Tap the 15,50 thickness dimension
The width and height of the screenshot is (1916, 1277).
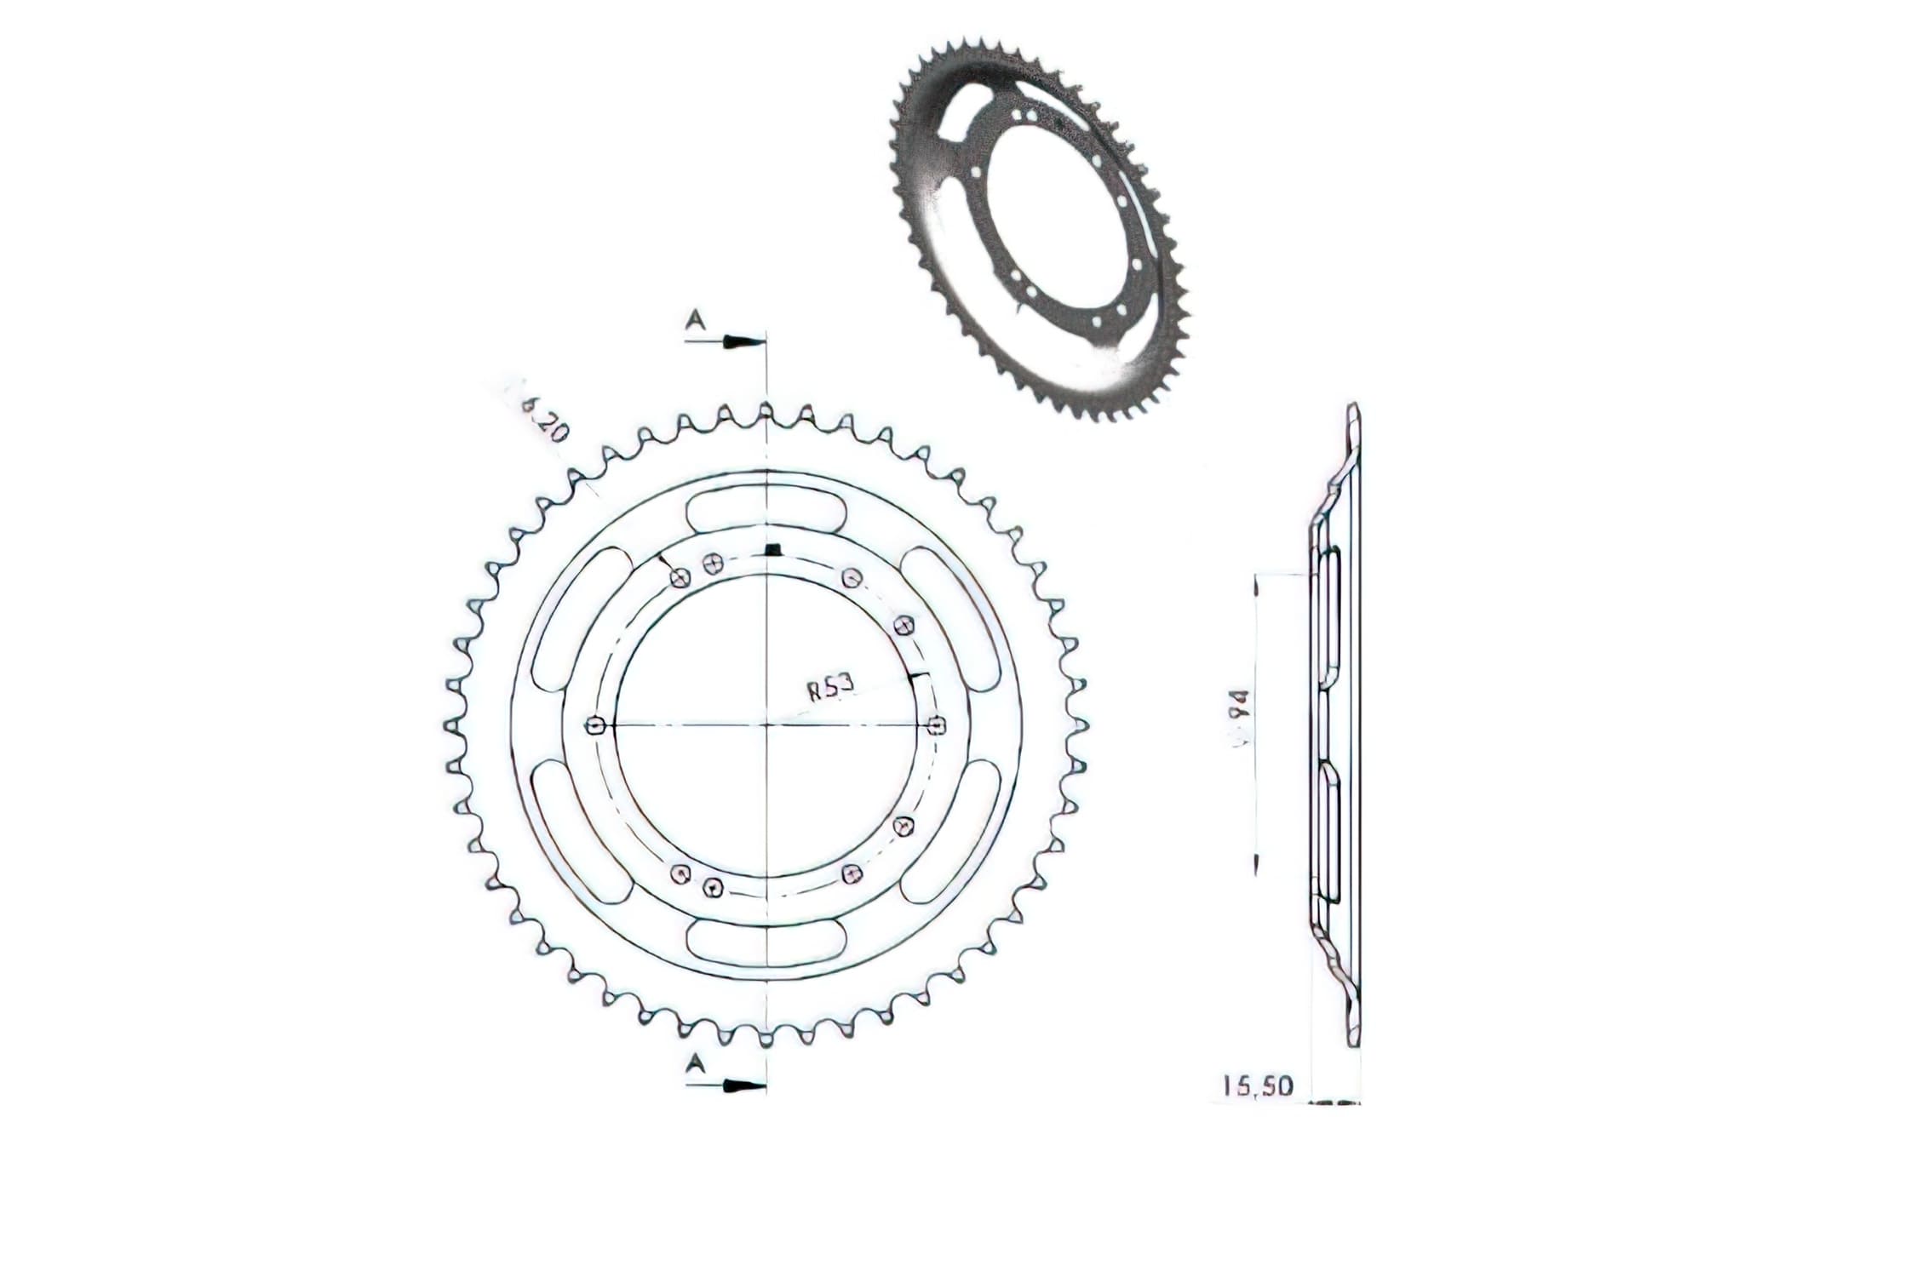click(1258, 1085)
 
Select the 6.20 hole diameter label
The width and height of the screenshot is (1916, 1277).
click(543, 420)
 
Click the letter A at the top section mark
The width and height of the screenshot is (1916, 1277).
click(697, 319)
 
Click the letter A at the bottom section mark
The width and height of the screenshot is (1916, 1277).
click(697, 1062)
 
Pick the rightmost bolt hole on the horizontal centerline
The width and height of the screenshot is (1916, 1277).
click(938, 725)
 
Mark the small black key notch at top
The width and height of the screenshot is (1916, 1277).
click(772, 549)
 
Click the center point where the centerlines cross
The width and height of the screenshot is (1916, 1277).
click(767, 725)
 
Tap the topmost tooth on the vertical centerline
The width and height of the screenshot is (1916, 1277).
click(766, 411)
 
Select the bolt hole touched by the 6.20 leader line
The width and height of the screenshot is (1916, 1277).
click(680, 579)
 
